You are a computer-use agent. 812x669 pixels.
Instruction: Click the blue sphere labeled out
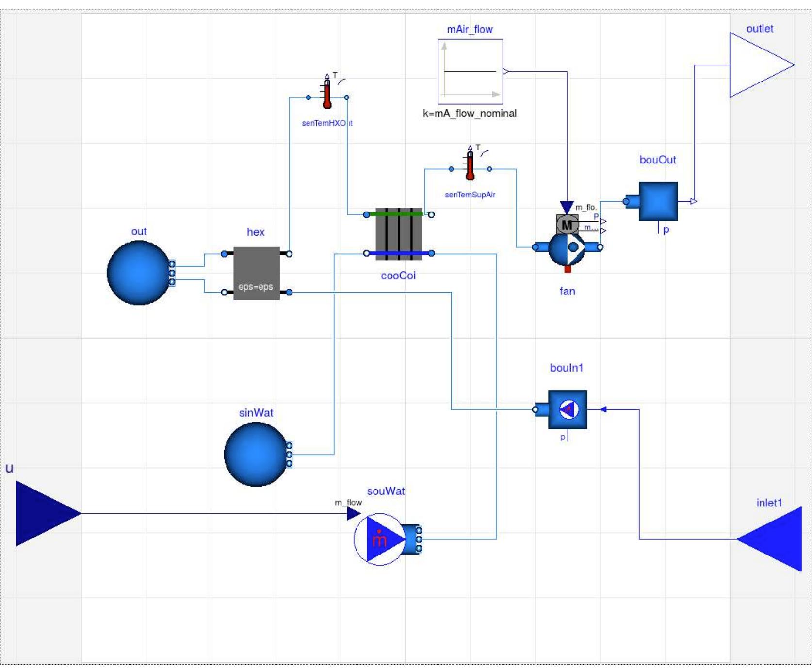(139, 273)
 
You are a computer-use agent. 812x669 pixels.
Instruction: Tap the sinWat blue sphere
(256, 454)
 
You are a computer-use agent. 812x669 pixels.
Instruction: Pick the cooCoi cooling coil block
(399, 234)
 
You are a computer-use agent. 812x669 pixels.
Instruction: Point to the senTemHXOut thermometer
(327, 92)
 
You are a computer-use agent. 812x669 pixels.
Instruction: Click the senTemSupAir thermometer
(470, 165)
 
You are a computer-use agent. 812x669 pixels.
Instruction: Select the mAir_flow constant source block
(470, 72)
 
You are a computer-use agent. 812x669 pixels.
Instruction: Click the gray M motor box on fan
(567, 225)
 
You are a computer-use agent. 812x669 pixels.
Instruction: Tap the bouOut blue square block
(658, 201)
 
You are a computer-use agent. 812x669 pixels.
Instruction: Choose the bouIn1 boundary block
(568, 409)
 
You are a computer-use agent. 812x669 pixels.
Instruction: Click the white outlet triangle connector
(759, 65)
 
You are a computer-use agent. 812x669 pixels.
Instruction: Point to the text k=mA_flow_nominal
(470, 114)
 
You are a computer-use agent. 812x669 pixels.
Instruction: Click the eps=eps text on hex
(256, 287)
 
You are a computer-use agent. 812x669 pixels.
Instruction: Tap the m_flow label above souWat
(348, 502)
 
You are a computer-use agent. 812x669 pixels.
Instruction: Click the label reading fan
(567, 291)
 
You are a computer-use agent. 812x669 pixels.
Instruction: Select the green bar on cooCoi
(399, 213)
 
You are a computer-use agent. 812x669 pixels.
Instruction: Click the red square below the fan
(568, 269)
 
